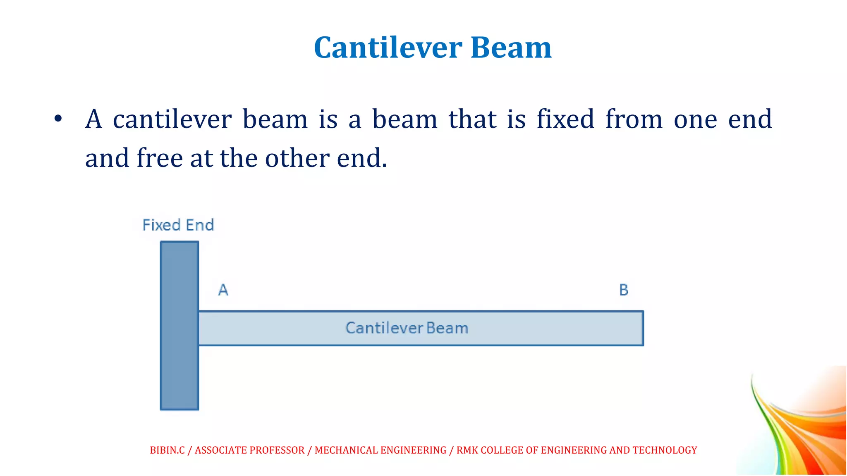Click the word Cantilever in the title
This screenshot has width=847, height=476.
(x=388, y=48)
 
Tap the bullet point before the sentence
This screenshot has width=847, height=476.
(x=58, y=119)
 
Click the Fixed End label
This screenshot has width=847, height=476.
(x=178, y=225)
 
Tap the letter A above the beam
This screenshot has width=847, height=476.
(x=223, y=290)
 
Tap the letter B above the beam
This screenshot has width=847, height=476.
(x=624, y=290)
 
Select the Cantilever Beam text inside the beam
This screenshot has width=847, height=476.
(x=407, y=328)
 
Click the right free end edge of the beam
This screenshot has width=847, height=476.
(x=643, y=328)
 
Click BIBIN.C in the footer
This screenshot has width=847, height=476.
(x=167, y=450)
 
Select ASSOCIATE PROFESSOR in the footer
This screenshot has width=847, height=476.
(x=249, y=450)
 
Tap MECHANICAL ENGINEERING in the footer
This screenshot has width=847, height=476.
(x=380, y=450)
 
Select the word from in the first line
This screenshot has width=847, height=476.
(x=634, y=119)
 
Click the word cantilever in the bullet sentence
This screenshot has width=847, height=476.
(x=172, y=119)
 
